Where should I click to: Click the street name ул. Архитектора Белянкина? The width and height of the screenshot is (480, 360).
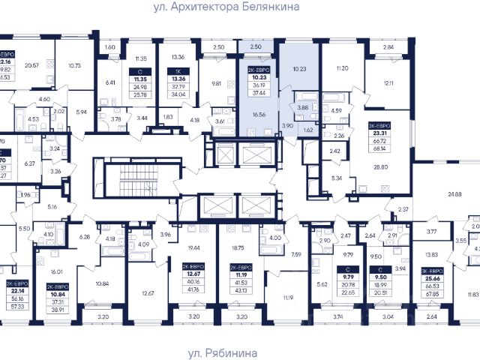[240, 7]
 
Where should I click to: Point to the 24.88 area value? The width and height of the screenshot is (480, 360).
[454, 194]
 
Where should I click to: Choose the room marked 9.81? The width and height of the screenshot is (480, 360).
[217, 83]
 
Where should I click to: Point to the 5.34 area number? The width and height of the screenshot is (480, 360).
[336, 178]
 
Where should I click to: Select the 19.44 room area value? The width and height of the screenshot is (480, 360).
[193, 247]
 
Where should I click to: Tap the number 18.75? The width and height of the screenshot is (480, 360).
[239, 247]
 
